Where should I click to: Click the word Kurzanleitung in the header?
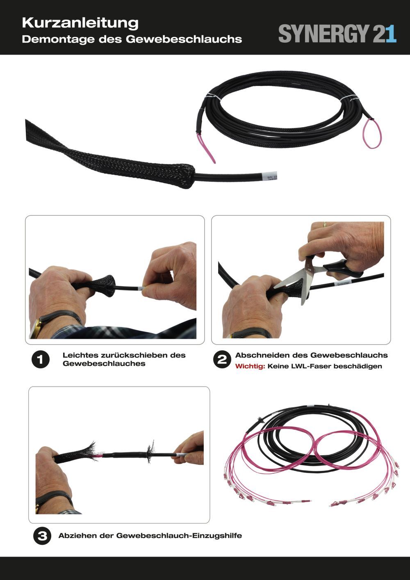click(x=80, y=23)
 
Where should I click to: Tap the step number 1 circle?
click(x=41, y=360)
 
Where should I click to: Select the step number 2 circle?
click(x=222, y=360)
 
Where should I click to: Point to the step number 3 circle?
click(x=42, y=536)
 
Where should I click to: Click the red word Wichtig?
click(x=250, y=366)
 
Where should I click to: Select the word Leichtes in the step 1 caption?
click(x=80, y=355)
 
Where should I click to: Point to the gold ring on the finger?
click(x=325, y=224)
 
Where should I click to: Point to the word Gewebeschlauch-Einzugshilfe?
click(x=179, y=536)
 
